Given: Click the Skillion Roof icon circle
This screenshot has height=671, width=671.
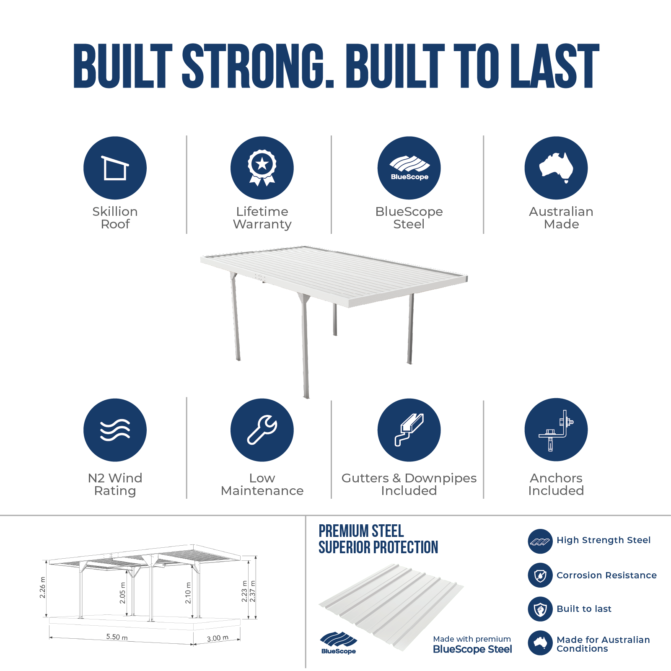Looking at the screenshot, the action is (x=115, y=168).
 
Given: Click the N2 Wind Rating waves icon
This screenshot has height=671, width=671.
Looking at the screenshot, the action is (x=115, y=430).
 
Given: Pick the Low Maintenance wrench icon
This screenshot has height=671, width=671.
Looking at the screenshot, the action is (x=262, y=430).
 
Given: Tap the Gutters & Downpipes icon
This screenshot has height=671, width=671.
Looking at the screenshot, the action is (x=409, y=430).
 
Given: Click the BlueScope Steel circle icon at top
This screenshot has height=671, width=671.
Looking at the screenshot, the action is (x=409, y=168).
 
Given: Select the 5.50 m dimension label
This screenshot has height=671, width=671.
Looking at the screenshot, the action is (x=117, y=637).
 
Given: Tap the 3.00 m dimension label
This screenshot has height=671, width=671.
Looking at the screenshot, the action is (x=218, y=638).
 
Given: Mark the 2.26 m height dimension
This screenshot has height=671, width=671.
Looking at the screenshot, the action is (x=42, y=588).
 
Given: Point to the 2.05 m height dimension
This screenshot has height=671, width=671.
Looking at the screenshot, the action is (x=122, y=593).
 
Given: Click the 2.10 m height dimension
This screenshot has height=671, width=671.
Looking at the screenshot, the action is (x=188, y=593).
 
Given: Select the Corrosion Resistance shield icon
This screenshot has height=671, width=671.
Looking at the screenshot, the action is (x=540, y=575).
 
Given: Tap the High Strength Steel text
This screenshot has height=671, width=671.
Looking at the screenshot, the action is (x=604, y=540).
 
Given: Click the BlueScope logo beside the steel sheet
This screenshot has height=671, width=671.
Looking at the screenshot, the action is (x=338, y=643).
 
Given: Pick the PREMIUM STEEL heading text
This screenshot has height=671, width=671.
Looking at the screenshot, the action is (x=361, y=531).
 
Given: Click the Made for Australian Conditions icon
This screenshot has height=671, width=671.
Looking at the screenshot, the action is (x=540, y=643).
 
